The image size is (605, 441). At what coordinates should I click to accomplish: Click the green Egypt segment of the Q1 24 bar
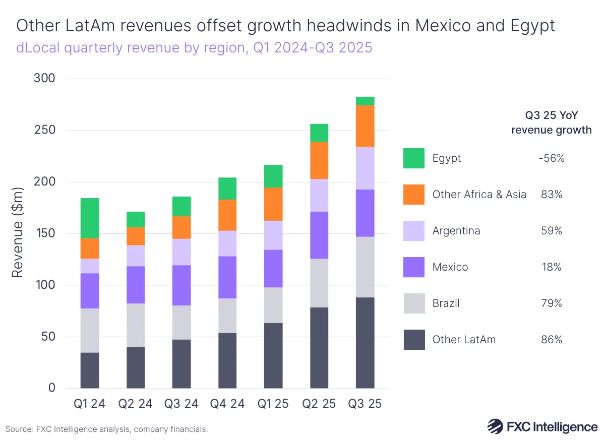[90, 218]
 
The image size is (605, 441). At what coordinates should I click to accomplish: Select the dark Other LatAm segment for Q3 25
[365, 343]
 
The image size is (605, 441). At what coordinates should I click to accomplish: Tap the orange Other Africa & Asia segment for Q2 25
[319, 160]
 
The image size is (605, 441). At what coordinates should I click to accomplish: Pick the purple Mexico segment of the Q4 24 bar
[227, 277]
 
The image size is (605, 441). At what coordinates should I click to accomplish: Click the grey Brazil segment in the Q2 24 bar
[136, 325]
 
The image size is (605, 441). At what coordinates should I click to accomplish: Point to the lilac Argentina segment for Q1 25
[273, 235]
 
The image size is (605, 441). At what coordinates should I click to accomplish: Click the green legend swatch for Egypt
[414, 158]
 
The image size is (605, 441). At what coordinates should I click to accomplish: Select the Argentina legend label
[456, 231]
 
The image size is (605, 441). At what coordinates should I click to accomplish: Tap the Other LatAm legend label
[464, 340]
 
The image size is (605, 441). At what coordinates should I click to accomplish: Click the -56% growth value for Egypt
[551, 158]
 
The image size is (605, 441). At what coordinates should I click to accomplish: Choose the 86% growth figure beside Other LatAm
[551, 340]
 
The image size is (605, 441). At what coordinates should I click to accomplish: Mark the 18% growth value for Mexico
[551, 267]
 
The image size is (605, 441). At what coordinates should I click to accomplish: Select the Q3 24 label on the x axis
[181, 404]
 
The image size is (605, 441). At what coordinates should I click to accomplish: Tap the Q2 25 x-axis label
[319, 404]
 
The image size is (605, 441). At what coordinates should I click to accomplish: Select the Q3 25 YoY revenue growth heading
[551, 122]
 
